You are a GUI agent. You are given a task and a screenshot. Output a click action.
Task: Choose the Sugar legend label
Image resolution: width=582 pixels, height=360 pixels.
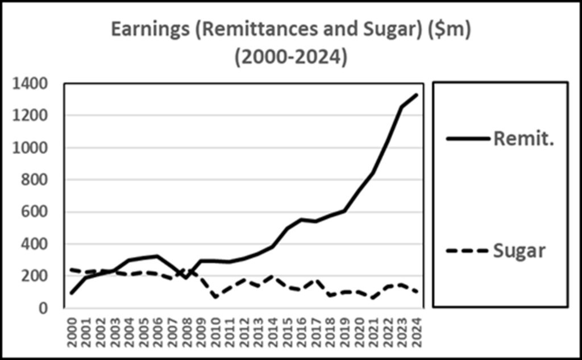click(x=519, y=250)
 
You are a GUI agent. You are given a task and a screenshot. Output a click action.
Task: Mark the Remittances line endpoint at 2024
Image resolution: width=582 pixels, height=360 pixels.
click(x=418, y=94)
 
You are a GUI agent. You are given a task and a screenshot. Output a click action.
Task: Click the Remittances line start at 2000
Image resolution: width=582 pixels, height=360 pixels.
click(x=72, y=293)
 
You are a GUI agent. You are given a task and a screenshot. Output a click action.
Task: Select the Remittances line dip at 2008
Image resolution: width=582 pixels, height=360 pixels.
click(x=187, y=278)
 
